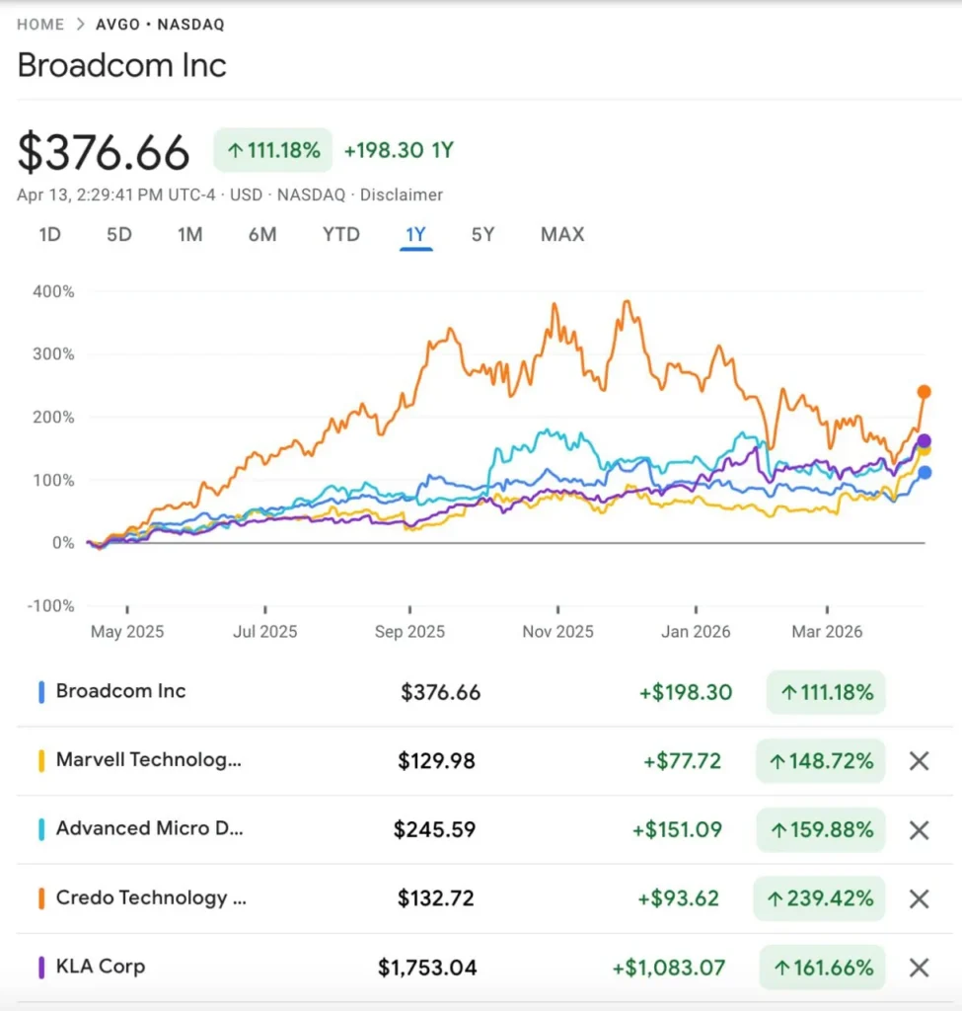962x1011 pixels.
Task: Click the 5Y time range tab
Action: click(x=482, y=235)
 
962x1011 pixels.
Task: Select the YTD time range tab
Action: click(x=341, y=235)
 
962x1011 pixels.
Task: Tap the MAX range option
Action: click(x=562, y=235)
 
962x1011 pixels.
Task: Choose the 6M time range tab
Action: click(x=262, y=235)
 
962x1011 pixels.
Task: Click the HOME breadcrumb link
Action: click(x=40, y=25)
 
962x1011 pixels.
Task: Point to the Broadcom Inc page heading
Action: click(x=122, y=66)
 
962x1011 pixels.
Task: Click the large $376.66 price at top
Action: click(x=104, y=153)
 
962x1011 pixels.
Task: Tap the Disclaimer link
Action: click(x=402, y=195)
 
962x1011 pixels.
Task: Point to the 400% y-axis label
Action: click(x=54, y=291)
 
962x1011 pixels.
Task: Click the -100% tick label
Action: click(x=50, y=605)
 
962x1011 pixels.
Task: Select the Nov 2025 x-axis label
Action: click(x=557, y=632)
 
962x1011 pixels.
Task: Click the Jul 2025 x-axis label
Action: click(x=265, y=632)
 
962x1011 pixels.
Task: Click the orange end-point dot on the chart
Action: click(x=925, y=392)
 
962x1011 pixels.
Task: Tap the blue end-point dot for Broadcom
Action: click(x=925, y=473)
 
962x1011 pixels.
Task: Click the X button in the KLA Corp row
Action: click(x=919, y=968)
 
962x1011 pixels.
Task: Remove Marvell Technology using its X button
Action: click(x=919, y=761)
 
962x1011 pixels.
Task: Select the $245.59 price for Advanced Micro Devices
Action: click(x=434, y=830)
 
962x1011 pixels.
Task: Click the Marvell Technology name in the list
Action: click(x=148, y=760)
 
